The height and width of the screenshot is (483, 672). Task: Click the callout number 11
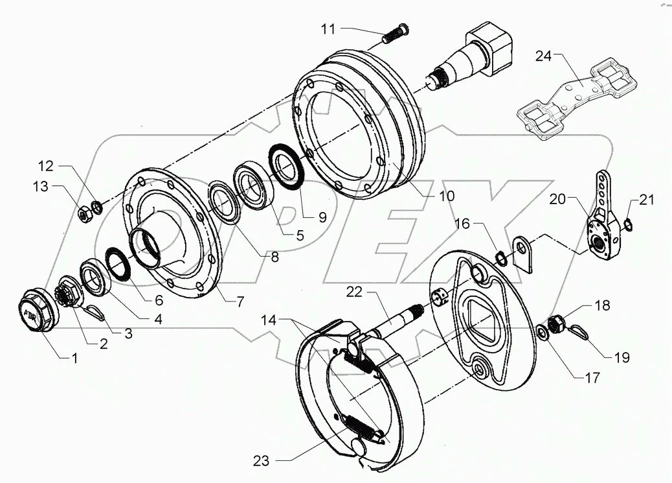pyautogui.click(x=329, y=29)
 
